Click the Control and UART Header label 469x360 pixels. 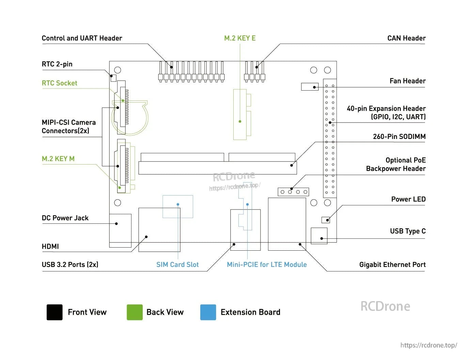point(82,38)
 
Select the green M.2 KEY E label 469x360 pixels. point(240,38)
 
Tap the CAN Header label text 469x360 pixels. point(406,38)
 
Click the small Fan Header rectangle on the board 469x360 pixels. point(310,87)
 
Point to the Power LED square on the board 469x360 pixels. point(326,220)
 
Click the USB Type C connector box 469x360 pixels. point(319,236)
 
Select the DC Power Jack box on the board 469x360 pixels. point(120,230)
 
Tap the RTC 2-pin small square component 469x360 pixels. point(113,78)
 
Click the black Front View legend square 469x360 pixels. point(54,312)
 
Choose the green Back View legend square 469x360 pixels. point(135,312)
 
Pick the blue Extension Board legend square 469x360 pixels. point(208,312)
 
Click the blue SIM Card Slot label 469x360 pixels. point(177,265)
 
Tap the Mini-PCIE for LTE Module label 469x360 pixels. point(267,265)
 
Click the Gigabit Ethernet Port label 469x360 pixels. point(392,265)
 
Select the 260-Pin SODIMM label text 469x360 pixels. point(399,137)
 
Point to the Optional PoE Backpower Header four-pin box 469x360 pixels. point(293,192)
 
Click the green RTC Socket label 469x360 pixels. point(59,83)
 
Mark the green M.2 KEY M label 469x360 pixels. point(58,159)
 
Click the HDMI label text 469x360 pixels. point(50,246)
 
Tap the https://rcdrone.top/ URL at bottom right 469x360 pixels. point(428,345)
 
